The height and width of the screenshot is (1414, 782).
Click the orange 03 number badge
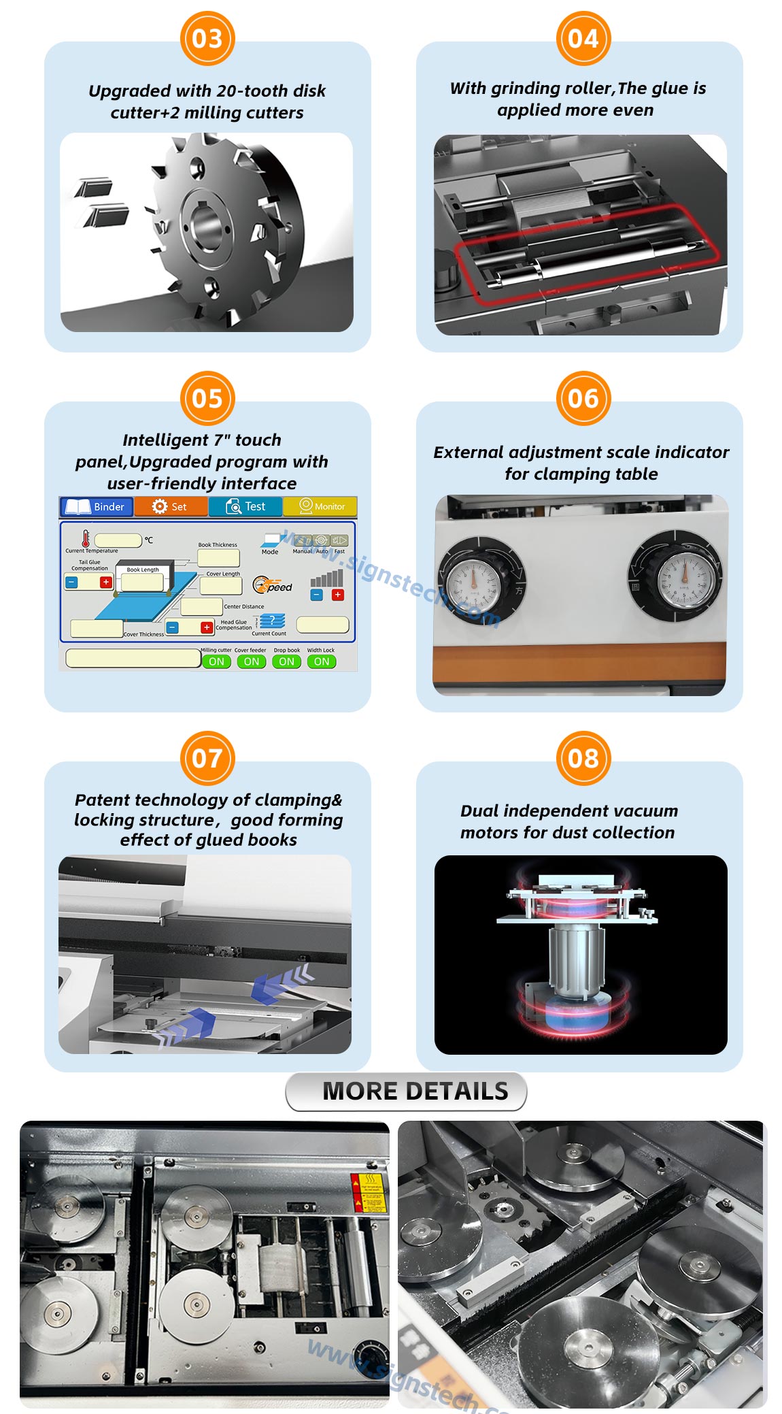[x=207, y=39]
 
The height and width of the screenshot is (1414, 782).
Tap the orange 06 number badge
[x=583, y=398]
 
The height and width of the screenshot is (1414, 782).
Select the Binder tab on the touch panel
[x=97, y=507]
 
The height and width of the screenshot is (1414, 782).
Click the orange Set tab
[x=171, y=507]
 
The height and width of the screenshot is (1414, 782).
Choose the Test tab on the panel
[x=245, y=507]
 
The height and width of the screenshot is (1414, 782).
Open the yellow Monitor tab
[x=320, y=507]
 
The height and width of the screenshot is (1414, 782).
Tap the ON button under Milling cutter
[x=216, y=661]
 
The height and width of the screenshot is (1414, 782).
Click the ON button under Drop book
[x=286, y=661]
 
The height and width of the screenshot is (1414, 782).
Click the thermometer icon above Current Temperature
[x=86, y=539]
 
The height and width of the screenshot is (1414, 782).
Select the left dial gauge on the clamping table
[x=473, y=583]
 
